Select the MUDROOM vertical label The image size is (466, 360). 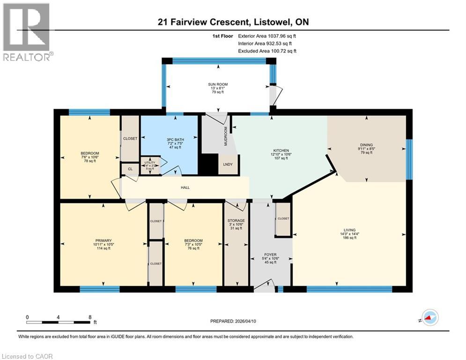[225, 136]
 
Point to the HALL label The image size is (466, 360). [186, 187]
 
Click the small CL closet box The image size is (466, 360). [129, 169]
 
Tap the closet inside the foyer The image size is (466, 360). [283, 218]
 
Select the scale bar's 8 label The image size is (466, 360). [89, 317]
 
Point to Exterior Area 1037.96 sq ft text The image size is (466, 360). [267, 36]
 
